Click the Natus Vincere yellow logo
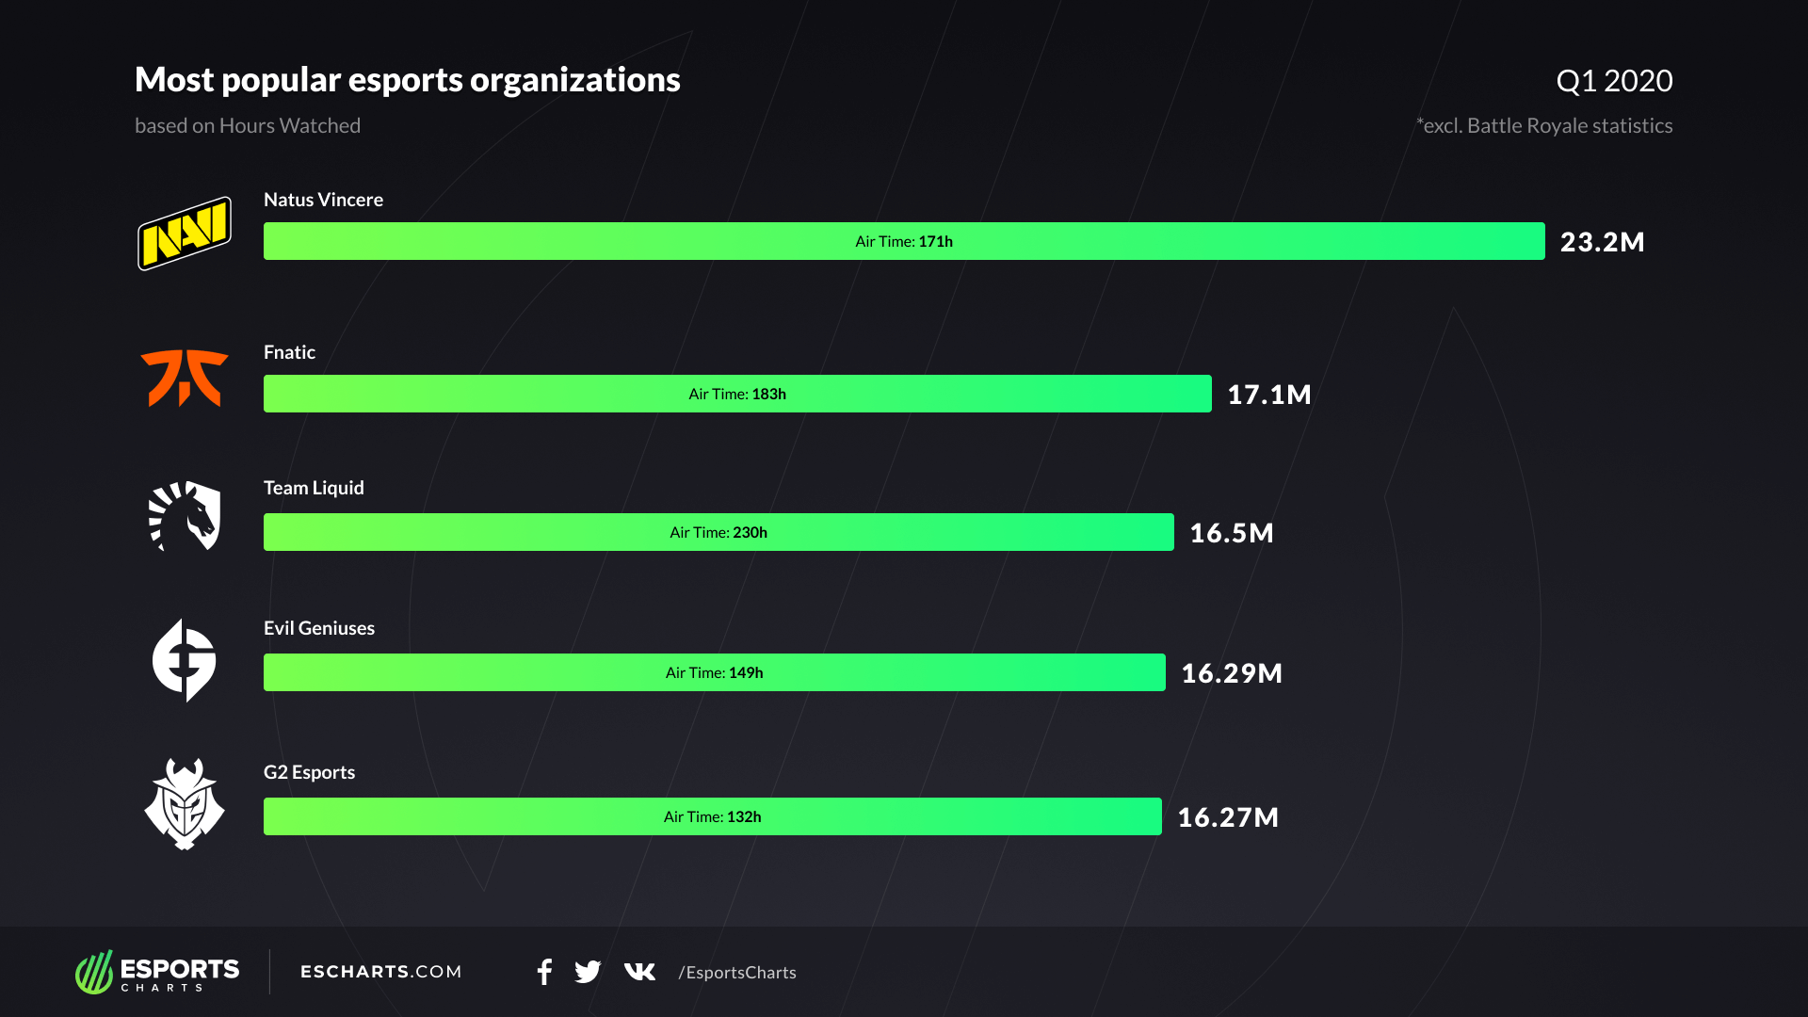185,234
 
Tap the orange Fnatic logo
185,379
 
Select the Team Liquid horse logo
185,516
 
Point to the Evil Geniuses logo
185,660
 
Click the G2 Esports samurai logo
185,804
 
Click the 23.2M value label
1602,242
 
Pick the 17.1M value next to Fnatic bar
1268,395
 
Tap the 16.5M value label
1231,533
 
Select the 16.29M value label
1231,673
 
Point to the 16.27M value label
1228,817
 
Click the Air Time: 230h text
718,533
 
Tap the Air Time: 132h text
712,817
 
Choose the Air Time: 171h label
904,242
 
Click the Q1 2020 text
1614,81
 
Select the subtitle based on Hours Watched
248,126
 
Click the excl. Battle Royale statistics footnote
1544,126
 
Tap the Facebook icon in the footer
544,972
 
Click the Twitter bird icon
588,972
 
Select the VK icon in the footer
639,972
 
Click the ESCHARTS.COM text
381,972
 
